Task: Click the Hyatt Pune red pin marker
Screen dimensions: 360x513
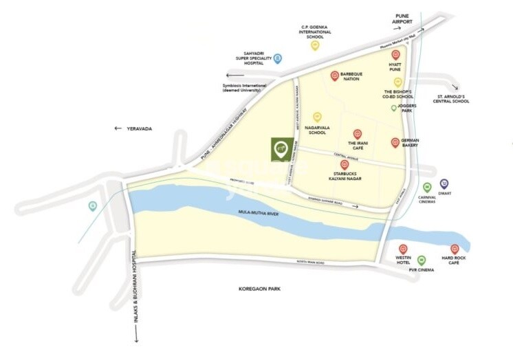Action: pos(395,55)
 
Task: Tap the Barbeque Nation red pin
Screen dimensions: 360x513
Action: pos(335,76)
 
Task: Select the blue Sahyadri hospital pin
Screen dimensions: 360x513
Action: pos(278,59)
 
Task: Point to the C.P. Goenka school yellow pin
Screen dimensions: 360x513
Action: pos(315,45)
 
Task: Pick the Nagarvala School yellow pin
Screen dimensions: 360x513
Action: pos(317,117)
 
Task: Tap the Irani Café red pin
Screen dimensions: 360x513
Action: pos(357,134)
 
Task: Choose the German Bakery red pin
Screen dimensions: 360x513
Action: pos(395,142)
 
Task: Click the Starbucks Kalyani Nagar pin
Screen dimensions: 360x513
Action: pos(345,165)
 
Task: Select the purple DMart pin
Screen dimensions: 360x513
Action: pos(444,184)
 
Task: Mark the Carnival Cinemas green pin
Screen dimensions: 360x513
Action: pos(426,187)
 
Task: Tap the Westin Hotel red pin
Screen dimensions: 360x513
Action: pos(403,249)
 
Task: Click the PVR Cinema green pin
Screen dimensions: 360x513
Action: pos(422,260)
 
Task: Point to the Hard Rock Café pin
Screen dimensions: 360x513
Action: pos(455,249)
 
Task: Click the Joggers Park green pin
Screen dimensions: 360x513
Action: pos(394,108)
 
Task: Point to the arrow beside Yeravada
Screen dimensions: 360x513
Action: pos(118,128)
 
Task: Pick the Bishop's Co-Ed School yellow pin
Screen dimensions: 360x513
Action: pos(397,82)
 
